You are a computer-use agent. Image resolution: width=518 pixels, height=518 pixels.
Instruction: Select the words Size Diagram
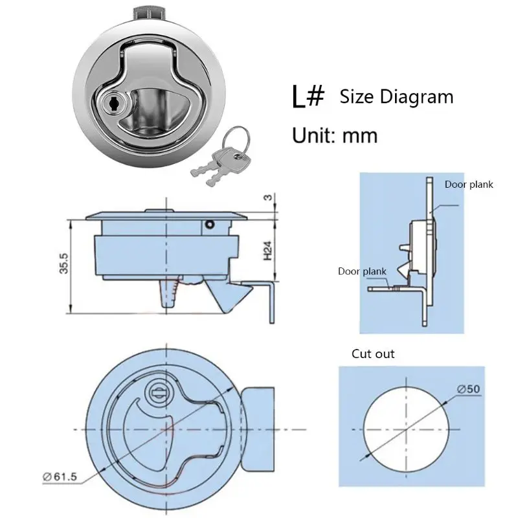pyautogui.click(x=396, y=97)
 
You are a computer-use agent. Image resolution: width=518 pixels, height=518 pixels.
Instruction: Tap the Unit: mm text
pyautogui.click(x=335, y=135)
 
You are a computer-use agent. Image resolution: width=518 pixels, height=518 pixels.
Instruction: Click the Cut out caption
pyautogui.click(x=373, y=354)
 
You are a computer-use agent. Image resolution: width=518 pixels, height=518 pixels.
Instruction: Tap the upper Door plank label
pyautogui.click(x=469, y=185)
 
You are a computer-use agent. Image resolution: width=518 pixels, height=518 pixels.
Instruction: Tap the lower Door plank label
pyautogui.click(x=362, y=271)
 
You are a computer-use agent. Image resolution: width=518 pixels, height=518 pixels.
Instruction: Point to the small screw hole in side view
pyautogui.click(x=209, y=225)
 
